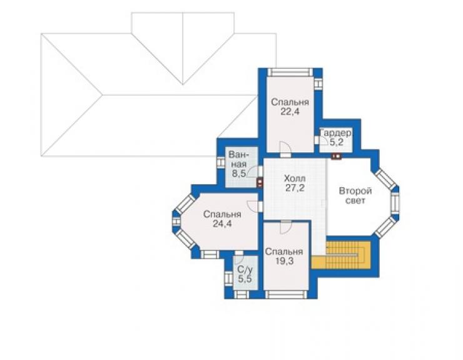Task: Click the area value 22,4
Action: coord(290,112)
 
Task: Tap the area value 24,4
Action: coord(222,224)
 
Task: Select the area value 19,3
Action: coord(284,261)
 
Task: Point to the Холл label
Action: coord(295,178)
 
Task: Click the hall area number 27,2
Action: coord(295,188)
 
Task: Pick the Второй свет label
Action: coord(355,196)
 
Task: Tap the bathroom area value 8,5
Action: coord(238,173)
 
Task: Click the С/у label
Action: coord(245,270)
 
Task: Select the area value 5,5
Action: coord(245,279)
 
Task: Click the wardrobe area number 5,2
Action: coord(337,143)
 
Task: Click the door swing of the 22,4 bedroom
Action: coord(285,147)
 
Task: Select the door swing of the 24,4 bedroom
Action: coord(253,206)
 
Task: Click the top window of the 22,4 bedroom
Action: coord(290,73)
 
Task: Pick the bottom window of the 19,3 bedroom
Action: coord(286,295)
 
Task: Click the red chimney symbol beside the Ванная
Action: coord(260,183)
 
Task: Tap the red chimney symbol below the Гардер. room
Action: coord(337,157)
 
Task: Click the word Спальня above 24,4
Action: coord(222,214)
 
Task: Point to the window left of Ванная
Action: coord(221,163)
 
